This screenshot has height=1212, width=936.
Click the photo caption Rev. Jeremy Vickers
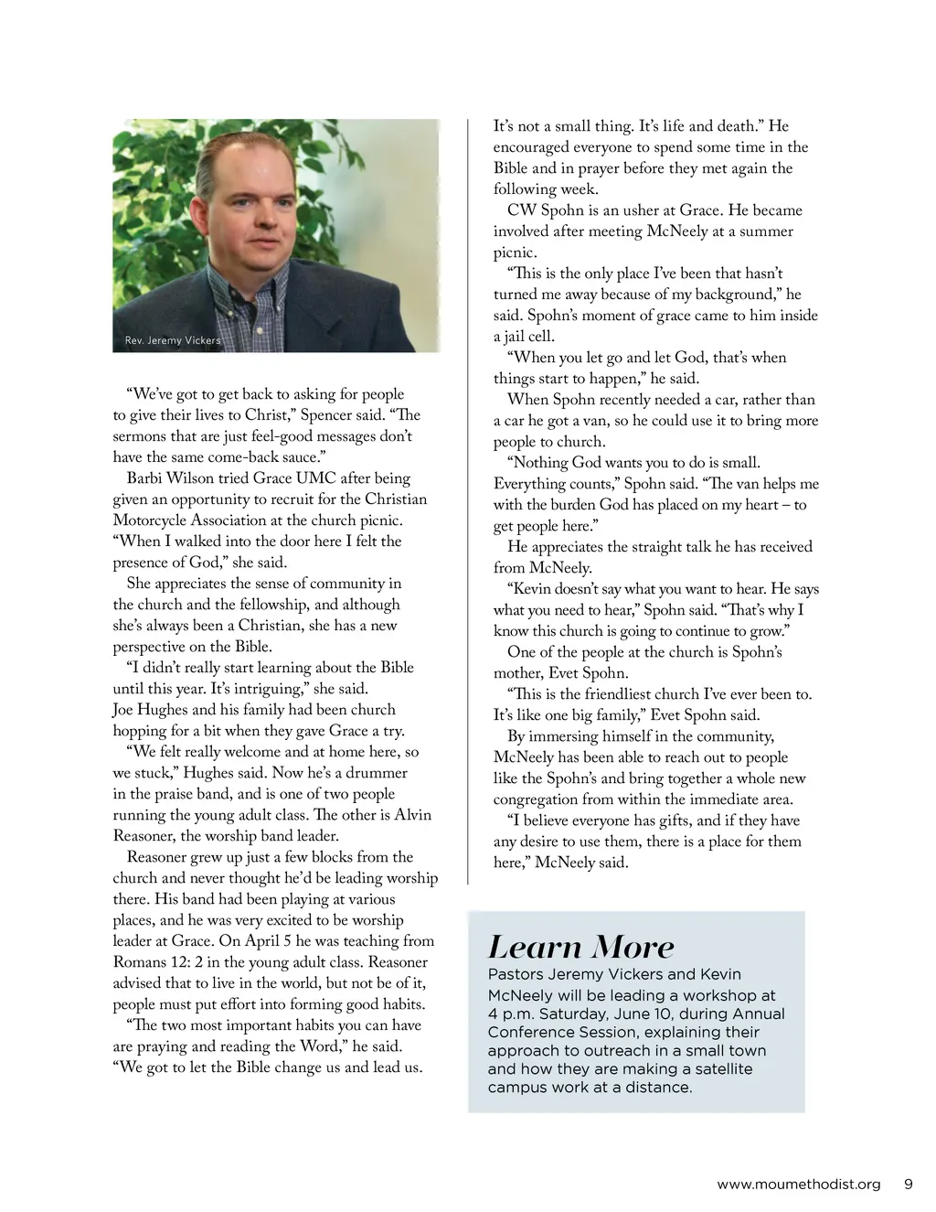[173, 340]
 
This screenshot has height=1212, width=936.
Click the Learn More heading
[580, 947]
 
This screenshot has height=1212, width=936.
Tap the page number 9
[909, 1184]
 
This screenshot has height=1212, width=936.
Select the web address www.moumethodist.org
[799, 1185]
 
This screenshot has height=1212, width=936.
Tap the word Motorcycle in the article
[150, 520]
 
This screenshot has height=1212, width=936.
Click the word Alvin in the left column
[412, 815]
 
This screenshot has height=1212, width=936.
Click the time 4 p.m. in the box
[507, 1014]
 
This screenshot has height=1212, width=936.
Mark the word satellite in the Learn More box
[722, 1068]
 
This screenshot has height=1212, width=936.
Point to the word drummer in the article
[377, 773]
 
